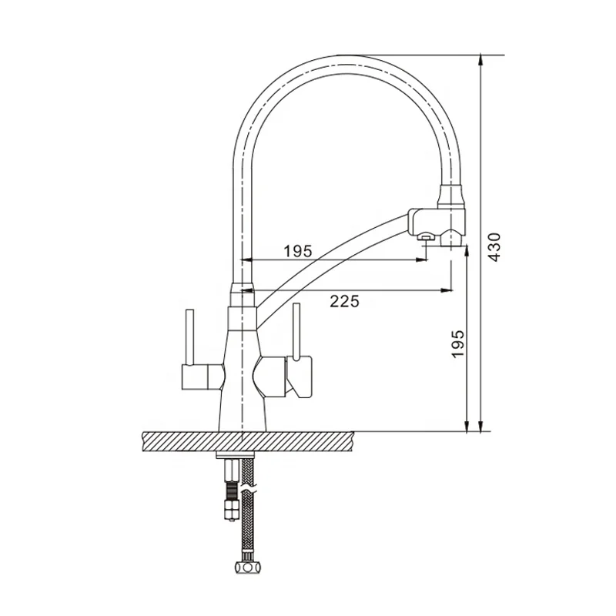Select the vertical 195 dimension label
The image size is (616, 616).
click(x=457, y=344)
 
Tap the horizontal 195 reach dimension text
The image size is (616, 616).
click(x=297, y=250)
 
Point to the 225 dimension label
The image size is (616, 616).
click(x=344, y=302)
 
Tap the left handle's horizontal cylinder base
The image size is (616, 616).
click(x=199, y=377)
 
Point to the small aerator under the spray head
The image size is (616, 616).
click(x=423, y=239)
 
